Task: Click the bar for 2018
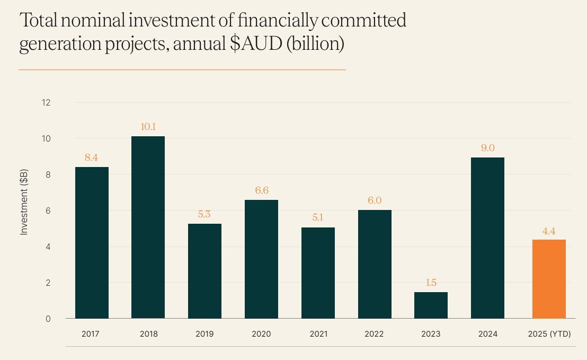(x=148, y=227)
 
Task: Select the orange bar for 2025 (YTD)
(x=549, y=279)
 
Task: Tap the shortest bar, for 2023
(x=431, y=305)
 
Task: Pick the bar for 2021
(x=318, y=273)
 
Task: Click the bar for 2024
(x=487, y=238)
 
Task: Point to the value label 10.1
(x=148, y=127)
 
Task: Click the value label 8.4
(x=92, y=157)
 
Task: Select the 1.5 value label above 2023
(x=431, y=283)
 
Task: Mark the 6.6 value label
(x=262, y=190)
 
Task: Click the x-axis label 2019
(x=204, y=334)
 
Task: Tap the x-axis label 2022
(x=374, y=334)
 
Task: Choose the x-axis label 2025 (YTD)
(x=549, y=334)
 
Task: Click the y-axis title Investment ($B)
(x=24, y=203)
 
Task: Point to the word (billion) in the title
(x=315, y=43)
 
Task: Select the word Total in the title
(x=39, y=21)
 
